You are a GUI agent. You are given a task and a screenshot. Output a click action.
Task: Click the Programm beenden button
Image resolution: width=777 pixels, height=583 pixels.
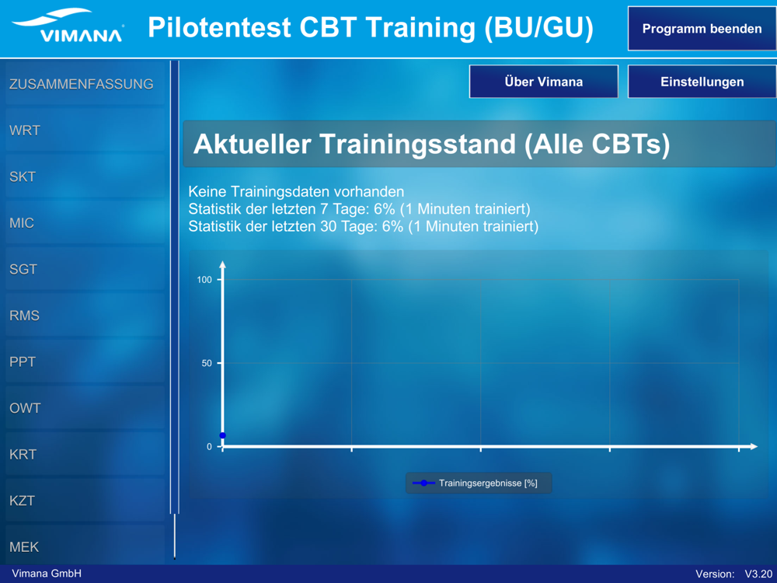point(702,29)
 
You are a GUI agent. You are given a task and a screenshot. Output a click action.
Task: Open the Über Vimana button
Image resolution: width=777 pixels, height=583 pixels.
point(544,82)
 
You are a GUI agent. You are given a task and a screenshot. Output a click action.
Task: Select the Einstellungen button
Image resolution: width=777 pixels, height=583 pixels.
point(702,82)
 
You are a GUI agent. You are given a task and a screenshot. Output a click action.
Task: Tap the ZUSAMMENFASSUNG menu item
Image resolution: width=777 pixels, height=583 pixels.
point(85,84)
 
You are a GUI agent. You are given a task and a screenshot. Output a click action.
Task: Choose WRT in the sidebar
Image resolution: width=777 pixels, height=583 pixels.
point(85,130)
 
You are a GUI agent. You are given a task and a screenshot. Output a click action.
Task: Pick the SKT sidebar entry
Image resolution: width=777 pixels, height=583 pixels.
point(85,176)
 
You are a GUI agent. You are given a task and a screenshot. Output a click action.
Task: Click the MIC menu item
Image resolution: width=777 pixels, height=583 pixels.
point(85,222)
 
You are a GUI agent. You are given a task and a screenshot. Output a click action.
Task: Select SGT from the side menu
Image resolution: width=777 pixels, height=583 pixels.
point(85,269)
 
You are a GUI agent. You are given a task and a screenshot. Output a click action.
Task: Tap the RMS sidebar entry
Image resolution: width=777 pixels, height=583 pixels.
point(85,316)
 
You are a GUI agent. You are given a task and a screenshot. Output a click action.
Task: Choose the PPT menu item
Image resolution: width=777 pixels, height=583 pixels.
point(85,361)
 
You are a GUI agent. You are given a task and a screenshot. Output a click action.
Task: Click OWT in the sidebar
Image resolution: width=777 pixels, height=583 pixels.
point(85,408)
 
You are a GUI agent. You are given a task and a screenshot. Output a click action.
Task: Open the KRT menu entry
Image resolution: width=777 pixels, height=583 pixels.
point(85,454)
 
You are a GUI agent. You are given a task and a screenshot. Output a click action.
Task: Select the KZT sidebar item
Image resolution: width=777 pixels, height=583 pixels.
point(85,501)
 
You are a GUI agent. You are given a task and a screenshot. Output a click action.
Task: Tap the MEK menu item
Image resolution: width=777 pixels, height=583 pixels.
point(85,546)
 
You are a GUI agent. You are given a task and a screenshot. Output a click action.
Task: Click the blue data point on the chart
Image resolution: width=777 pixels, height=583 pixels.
point(222,435)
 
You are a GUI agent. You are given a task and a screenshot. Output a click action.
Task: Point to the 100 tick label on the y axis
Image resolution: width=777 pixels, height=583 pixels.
point(204,280)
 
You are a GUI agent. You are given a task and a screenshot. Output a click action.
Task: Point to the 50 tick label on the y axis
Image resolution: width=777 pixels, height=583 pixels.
point(207,363)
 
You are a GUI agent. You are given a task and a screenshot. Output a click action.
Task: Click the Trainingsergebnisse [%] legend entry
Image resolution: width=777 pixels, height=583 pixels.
point(479,484)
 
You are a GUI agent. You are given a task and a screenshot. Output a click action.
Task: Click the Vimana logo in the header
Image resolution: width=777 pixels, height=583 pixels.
point(68,26)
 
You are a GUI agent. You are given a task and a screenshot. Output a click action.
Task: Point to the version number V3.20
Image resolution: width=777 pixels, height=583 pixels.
point(758,574)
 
